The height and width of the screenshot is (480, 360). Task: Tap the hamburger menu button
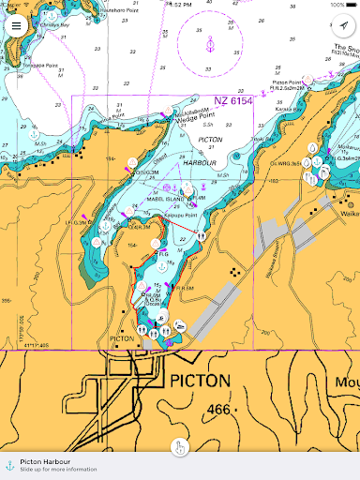click(x=17, y=25)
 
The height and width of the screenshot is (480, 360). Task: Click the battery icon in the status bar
click(x=351, y=5)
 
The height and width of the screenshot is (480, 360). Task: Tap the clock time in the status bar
click(x=178, y=5)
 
